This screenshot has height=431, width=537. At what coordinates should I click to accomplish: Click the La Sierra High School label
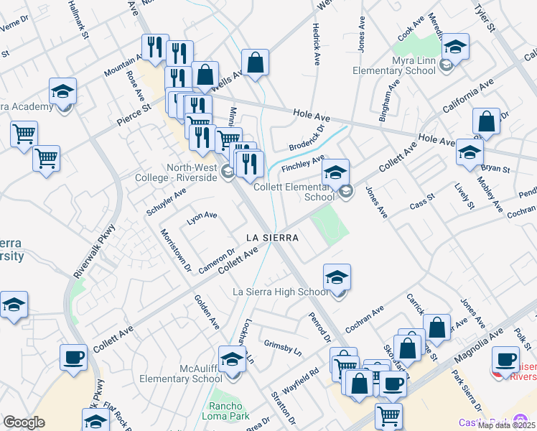(x=281, y=292)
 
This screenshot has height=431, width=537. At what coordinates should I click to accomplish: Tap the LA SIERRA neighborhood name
(x=271, y=236)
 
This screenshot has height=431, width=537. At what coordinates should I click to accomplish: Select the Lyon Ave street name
(x=202, y=218)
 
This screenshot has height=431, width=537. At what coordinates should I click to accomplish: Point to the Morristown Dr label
(x=175, y=251)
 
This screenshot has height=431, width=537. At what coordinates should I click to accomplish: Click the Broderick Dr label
(x=307, y=137)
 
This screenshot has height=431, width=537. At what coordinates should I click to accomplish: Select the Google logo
(x=24, y=422)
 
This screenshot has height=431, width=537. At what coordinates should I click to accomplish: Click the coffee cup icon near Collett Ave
(x=74, y=357)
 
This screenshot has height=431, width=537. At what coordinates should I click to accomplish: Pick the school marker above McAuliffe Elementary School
(x=232, y=359)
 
